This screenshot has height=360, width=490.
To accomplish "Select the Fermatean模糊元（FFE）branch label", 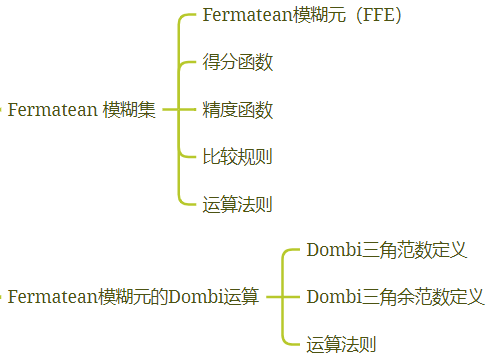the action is coord(301,16).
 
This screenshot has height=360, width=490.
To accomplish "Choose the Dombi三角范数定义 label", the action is coord(387,250).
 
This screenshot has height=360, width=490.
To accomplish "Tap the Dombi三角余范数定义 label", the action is coord(396,297).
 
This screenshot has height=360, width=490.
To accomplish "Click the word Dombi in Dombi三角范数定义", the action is coord(329,250).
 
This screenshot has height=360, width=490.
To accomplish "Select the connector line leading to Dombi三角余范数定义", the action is coord(284,297).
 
